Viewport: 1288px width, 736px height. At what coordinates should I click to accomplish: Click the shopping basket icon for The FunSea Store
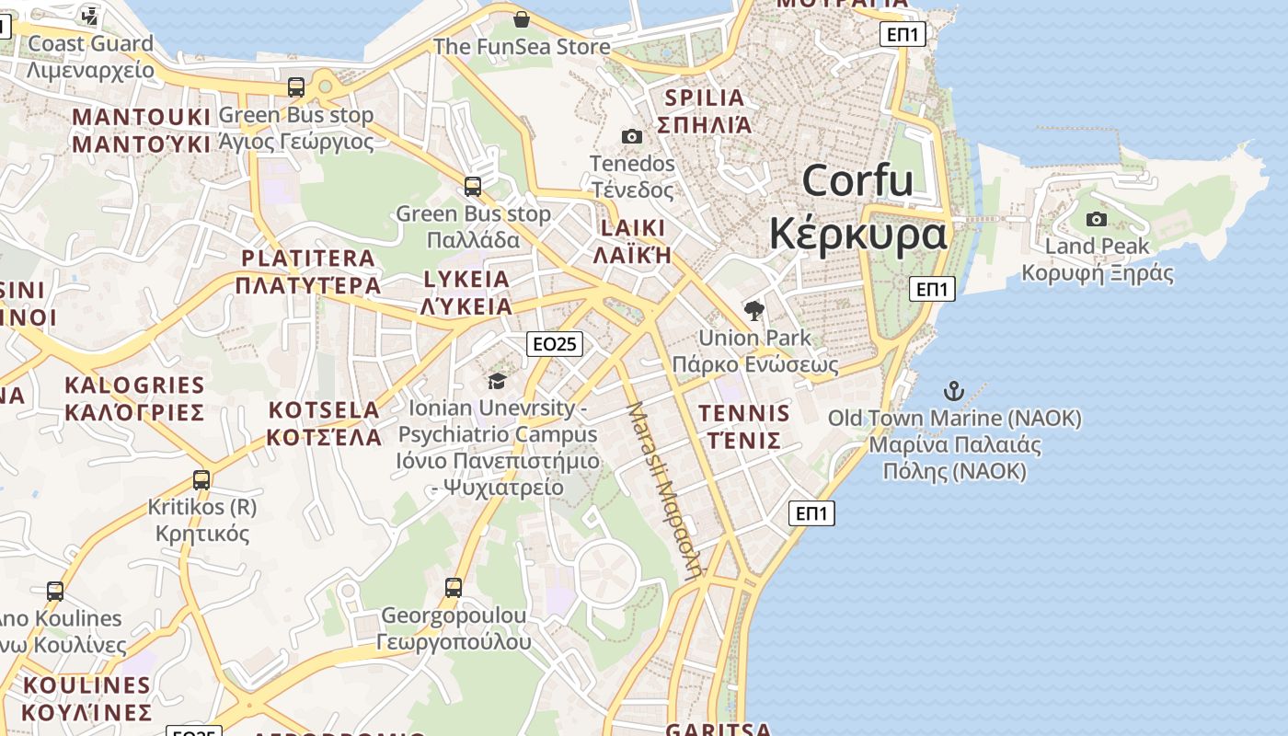522,19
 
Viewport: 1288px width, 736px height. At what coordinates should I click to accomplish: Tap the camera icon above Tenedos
632,136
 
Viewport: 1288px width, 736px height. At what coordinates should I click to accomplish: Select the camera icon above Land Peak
1096,219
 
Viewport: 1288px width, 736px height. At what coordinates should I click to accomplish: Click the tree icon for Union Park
754,310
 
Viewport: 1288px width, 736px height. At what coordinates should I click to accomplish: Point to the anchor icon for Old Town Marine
954,391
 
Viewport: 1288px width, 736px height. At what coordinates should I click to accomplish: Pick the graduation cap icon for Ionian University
497,381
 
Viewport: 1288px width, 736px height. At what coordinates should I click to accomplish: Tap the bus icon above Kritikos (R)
201,479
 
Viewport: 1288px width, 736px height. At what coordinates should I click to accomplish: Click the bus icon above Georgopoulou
453,587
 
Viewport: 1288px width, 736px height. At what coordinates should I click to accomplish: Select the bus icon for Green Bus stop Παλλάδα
473,187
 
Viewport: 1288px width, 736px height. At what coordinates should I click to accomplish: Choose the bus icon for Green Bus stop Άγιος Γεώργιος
296,87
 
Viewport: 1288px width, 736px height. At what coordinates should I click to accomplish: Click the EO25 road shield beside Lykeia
555,344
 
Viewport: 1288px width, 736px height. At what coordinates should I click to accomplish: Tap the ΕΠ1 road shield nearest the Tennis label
811,513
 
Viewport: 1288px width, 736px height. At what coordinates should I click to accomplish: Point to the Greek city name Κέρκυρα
857,233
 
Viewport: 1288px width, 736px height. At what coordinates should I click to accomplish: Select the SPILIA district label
704,98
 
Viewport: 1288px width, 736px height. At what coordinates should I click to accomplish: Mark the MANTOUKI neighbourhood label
142,117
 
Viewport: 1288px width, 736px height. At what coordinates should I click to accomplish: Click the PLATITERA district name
307,259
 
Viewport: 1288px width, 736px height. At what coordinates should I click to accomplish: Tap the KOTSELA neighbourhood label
323,410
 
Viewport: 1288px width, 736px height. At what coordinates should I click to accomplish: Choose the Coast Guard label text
90,43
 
